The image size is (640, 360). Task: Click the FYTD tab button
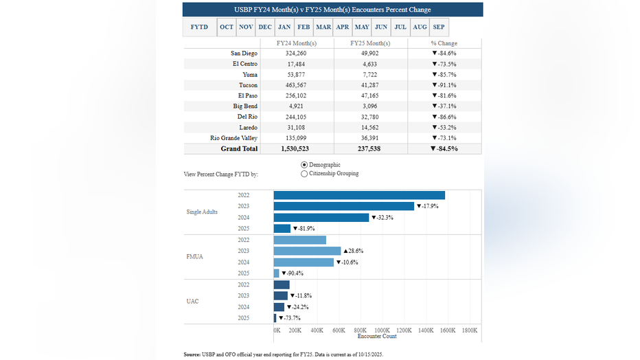pyautogui.click(x=199, y=27)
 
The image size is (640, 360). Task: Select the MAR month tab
pyautogui.click(x=323, y=27)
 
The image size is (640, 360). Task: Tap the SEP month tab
pyautogui.click(x=439, y=27)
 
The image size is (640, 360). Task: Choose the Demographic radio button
pyautogui.click(x=304, y=165)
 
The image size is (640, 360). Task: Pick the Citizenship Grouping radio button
pyautogui.click(x=304, y=174)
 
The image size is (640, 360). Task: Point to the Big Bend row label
pyautogui.click(x=245, y=106)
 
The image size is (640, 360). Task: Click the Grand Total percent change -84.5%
pyautogui.click(x=444, y=148)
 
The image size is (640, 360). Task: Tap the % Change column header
pyautogui.click(x=444, y=43)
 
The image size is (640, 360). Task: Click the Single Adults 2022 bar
pyautogui.click(x=359, y=195)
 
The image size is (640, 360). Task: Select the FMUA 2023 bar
pyautogui.click(x=307, y=251)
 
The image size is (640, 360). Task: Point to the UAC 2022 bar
pyautogui.click(x=282, y=284)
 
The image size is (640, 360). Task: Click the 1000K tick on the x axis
pyautogui.click(x=382, y=330)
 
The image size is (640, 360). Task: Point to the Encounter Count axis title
pyautogui.click(x=377, y=336)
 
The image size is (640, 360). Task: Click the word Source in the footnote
pyautogui.click(x=192, y=354)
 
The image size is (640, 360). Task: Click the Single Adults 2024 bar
pyautogui.click(x=321, y=217)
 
